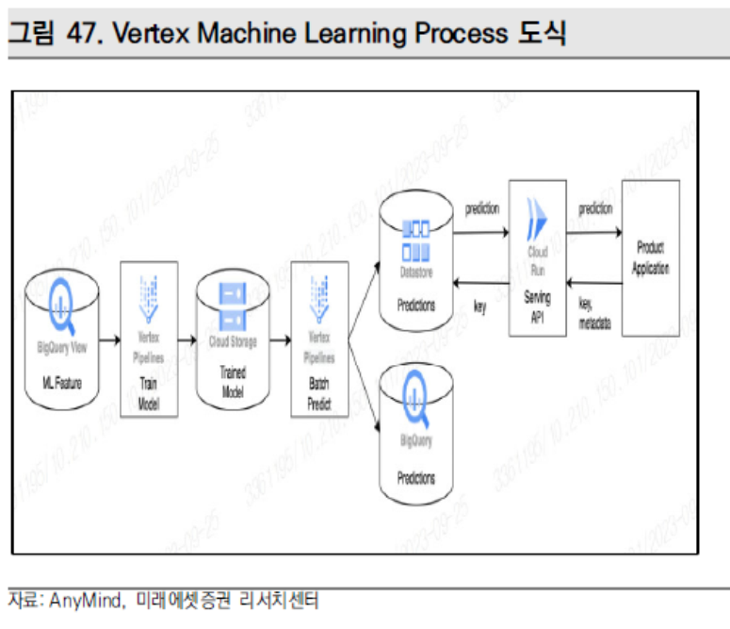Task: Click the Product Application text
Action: pos(650,257)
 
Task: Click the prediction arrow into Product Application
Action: pos(594,226)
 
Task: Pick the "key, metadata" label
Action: pos(594,313)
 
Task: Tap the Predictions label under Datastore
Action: pos(415,306)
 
